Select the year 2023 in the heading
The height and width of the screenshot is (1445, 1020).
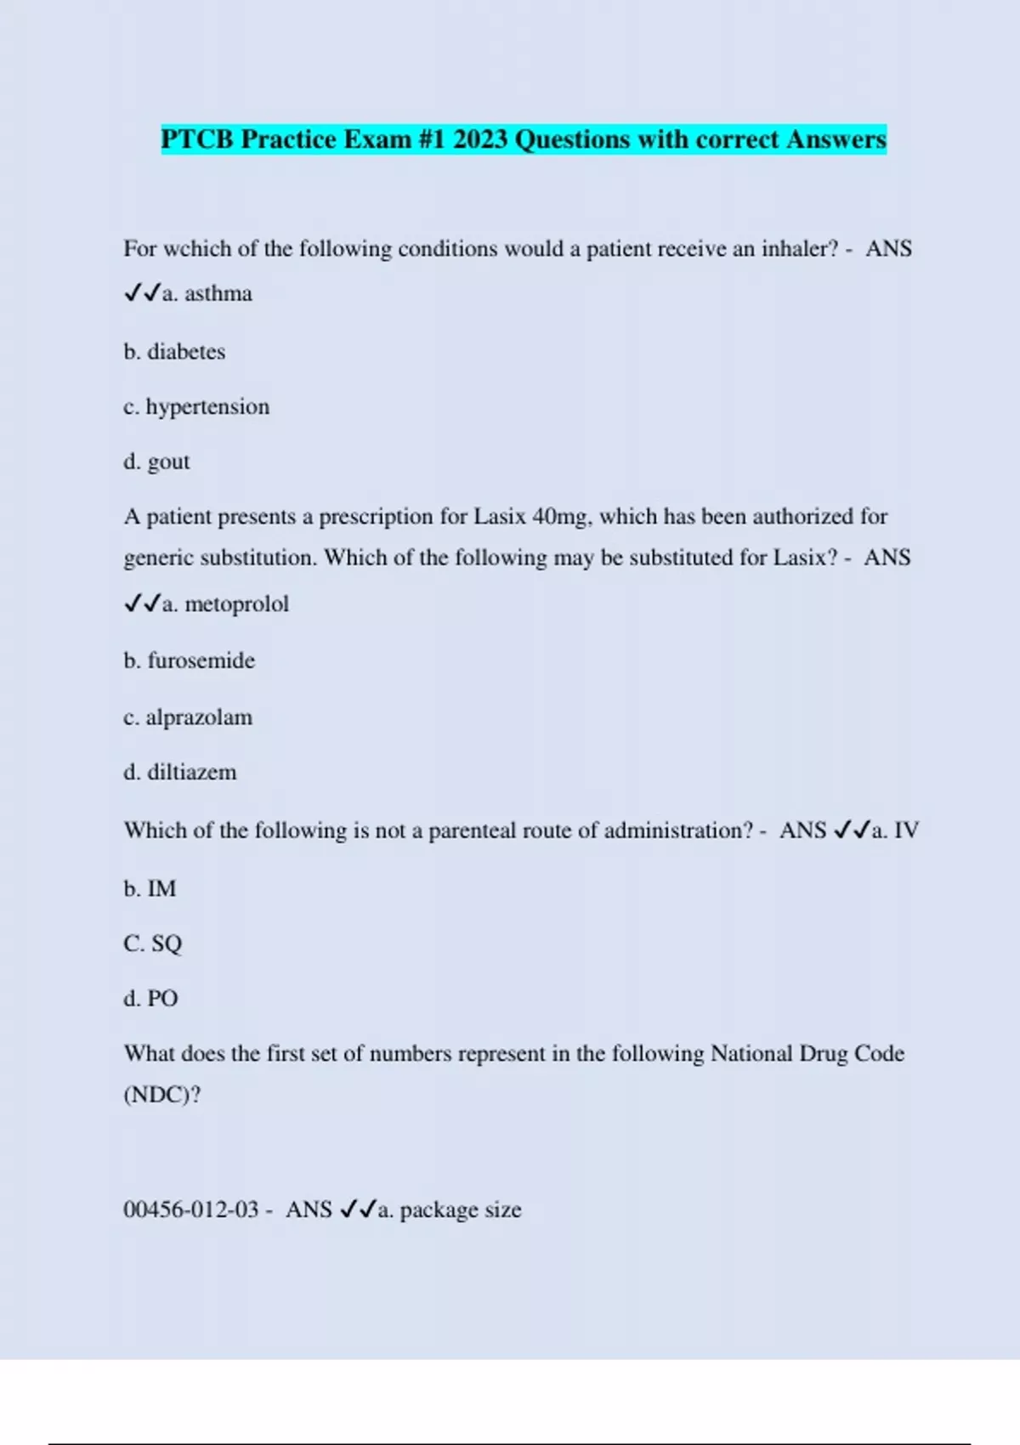480,139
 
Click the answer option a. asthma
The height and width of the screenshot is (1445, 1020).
207,294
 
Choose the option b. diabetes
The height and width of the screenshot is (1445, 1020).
174,352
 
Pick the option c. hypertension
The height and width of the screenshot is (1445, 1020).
196,407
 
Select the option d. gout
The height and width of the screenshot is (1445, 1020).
156,462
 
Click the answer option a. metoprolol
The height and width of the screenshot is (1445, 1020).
224,604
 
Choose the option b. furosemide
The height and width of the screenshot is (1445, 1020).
189,660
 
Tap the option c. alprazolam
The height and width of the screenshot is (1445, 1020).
188,717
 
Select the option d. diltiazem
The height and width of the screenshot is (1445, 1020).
180,773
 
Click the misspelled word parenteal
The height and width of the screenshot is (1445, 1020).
477,830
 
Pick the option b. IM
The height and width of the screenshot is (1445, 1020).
150,889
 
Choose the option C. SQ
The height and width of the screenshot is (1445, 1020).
153,943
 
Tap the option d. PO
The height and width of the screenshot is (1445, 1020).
150,999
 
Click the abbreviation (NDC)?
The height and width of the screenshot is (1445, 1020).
162,1095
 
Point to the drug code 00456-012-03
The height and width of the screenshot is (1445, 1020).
191,1210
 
